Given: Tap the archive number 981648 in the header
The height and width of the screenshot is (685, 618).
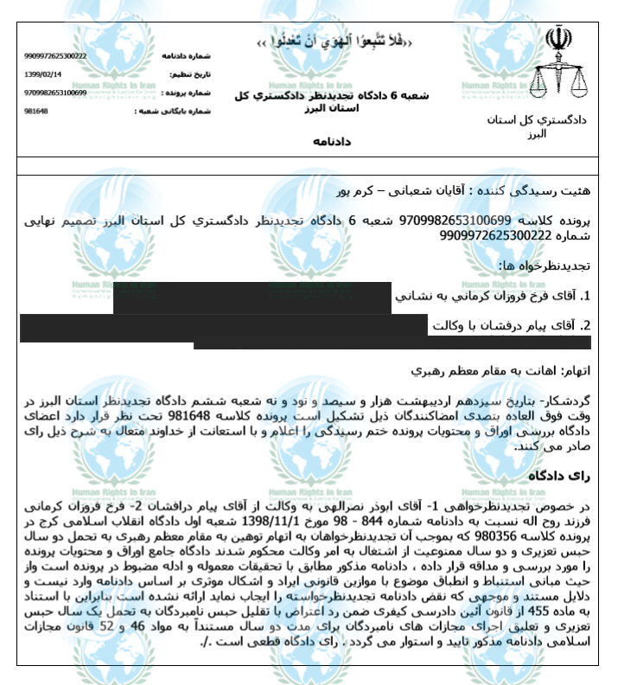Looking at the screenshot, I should [35, 112].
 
